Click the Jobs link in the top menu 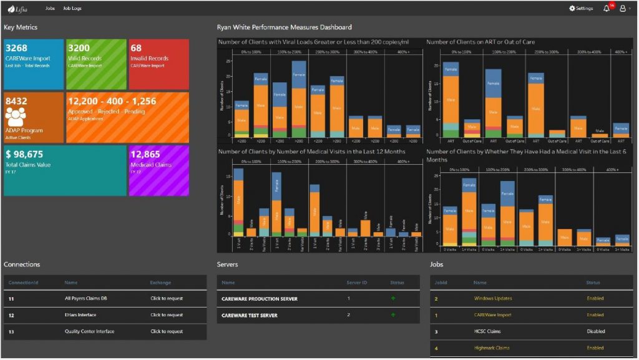pos(50,9)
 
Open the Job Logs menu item pos(72,9)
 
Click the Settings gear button pos(581,9)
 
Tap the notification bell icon pos(607,9)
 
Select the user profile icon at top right pos(623,9)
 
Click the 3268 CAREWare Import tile pos(34,64)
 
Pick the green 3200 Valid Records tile pos(96,64)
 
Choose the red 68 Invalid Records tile pos(159,64)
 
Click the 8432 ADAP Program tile pos(34,118)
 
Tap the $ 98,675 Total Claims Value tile pos(65,170)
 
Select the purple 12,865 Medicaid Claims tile pos(159,170)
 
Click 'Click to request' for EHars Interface pos(167,315)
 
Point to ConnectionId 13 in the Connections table pos(11,331)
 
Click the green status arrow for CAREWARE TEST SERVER pos(393,315)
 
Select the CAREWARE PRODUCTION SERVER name pos(259,299)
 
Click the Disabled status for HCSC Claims pos(595,331)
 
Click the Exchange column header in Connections pos(160,283)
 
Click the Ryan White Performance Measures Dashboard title pos(284,27)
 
